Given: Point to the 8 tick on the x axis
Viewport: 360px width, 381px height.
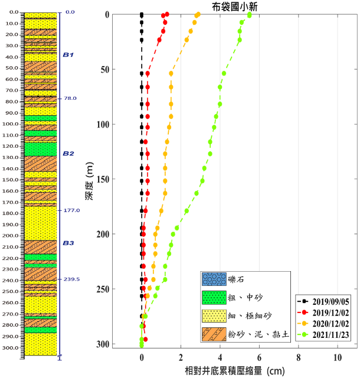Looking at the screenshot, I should click(x=299, y=357).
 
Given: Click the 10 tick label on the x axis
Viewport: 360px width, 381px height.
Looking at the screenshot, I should click(x=338, y=357).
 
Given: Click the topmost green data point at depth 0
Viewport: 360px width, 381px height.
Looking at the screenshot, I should click(x=250, y=15).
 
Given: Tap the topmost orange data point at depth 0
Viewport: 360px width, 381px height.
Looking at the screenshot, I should click(x=198, y=14).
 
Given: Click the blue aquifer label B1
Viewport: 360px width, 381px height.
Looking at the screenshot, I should click(x=68, y=54).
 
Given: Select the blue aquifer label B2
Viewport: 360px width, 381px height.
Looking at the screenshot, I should click(x=68, y=153).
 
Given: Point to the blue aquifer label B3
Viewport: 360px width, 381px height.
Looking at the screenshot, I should click(x=68, y=243).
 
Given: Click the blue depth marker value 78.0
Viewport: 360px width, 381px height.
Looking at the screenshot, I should click(x=71, y=98).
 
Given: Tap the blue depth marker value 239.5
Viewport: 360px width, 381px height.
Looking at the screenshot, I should click(x=72, y=279).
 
